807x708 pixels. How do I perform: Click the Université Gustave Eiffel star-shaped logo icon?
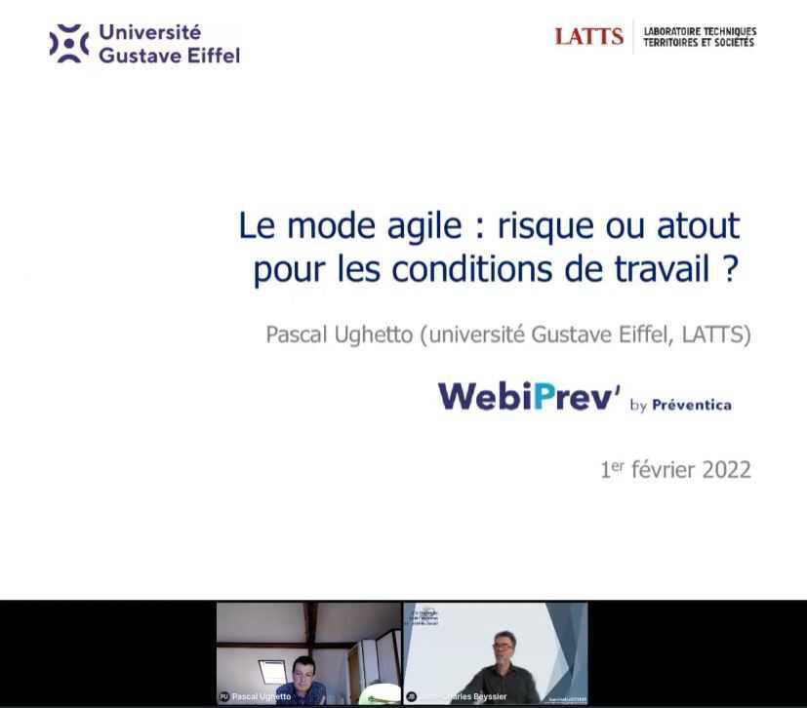69,44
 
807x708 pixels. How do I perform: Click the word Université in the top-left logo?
149,32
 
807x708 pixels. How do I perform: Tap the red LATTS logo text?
588,36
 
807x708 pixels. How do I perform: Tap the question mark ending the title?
730,268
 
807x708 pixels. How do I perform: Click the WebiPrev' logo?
528,396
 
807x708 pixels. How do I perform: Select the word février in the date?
653,469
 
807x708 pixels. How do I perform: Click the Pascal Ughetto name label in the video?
261,697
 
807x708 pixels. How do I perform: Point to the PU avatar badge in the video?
223,697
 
